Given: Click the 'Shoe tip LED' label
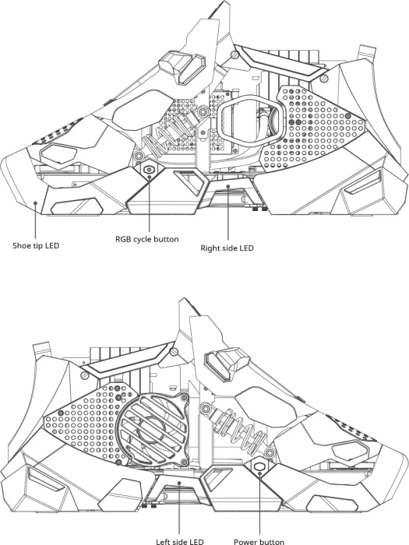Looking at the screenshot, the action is click(36, 245).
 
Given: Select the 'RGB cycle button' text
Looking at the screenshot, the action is click(147, 239).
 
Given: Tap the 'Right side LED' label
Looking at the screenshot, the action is click(227, 248).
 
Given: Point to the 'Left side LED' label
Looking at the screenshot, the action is click(180, 542).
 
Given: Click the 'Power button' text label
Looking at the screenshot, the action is click(259, 542).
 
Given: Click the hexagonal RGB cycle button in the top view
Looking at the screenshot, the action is click(150, 170).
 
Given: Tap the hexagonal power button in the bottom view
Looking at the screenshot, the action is click(260, 466).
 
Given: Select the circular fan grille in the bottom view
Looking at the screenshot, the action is click(152, 429).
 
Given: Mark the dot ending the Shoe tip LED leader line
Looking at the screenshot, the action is click(35, 202).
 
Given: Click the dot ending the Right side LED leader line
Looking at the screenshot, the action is click(228, 186).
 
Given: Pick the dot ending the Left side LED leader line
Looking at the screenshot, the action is click(179, 483).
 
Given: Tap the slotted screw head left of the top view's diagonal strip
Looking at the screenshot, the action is click(235, 54).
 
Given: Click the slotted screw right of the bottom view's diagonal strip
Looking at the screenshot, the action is click(174, 353).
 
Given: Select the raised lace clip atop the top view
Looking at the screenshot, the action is click(182, 68).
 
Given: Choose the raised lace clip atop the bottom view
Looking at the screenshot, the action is click(227, 364).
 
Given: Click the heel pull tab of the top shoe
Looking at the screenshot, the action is click(367, 52).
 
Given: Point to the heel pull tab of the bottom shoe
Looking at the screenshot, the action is click(42, 349).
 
